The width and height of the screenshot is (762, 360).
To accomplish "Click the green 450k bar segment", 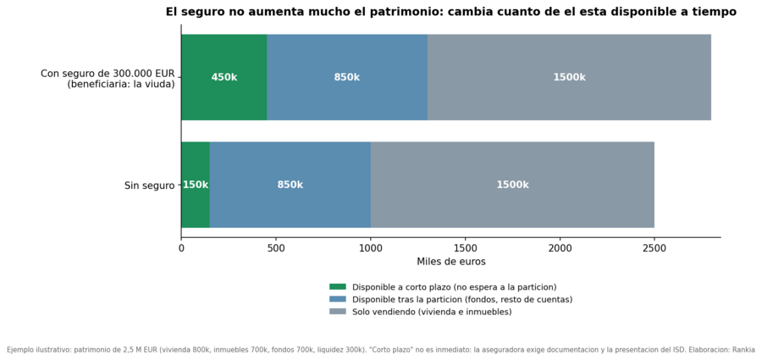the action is click(x=224, y=77).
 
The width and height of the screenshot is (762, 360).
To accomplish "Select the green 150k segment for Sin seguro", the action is click(x=196, y=185).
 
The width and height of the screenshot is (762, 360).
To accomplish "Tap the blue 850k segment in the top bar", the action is click(x=347, y=77).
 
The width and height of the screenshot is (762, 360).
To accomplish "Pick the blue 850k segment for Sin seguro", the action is click(x=290, y=185).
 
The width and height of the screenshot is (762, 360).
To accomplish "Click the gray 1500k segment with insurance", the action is click(x=569, y=77).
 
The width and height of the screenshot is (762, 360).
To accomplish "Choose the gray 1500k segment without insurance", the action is click(x=512, y=185).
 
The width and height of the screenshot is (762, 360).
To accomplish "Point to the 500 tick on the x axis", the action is click(x=276, y=248).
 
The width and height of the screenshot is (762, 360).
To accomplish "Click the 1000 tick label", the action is click(x=371, y=248).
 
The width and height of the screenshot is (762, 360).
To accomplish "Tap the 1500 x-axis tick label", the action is click(x=465, y=248).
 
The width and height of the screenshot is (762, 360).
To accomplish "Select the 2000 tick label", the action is click(x=560, y=248).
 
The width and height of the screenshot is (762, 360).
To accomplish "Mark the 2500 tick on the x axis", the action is click(x=654, y=248).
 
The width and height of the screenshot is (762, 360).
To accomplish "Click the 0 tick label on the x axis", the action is click(x=182, y=248).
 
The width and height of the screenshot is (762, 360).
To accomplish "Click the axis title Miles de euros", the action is click(x=451, y=262).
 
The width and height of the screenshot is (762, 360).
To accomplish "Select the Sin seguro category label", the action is click(x=149, y=186).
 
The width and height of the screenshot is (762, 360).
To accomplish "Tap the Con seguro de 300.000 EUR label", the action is click(x=108, y=74).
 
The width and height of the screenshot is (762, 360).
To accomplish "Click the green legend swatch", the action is click(x=337, y=286).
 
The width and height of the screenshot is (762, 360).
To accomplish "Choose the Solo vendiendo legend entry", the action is click(x=432, y=312).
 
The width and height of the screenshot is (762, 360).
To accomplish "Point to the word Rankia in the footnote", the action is click(x=744, y=349).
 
